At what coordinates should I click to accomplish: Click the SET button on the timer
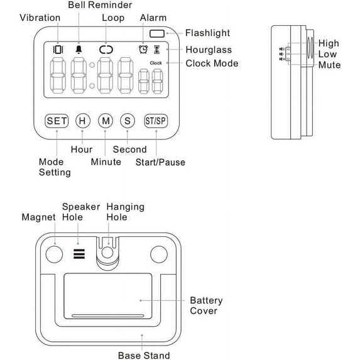57,121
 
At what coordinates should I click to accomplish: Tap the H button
83,121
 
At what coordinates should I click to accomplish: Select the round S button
128,121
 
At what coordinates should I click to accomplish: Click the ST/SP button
156,121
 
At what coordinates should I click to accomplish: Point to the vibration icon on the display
58,50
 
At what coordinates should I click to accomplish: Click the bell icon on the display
79,50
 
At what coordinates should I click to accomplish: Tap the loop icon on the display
106,50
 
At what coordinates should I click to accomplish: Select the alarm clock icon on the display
143,50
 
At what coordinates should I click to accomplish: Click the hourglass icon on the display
157,50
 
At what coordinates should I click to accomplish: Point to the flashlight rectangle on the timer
157,33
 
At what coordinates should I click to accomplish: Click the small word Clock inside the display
156,63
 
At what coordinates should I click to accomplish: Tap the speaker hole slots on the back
79,254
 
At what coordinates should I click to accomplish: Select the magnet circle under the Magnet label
54,254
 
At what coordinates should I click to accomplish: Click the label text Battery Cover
206,305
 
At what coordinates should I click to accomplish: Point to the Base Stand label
144,356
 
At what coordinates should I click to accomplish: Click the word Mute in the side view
329,65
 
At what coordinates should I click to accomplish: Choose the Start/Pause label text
160,162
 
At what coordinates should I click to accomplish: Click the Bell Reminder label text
100,5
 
